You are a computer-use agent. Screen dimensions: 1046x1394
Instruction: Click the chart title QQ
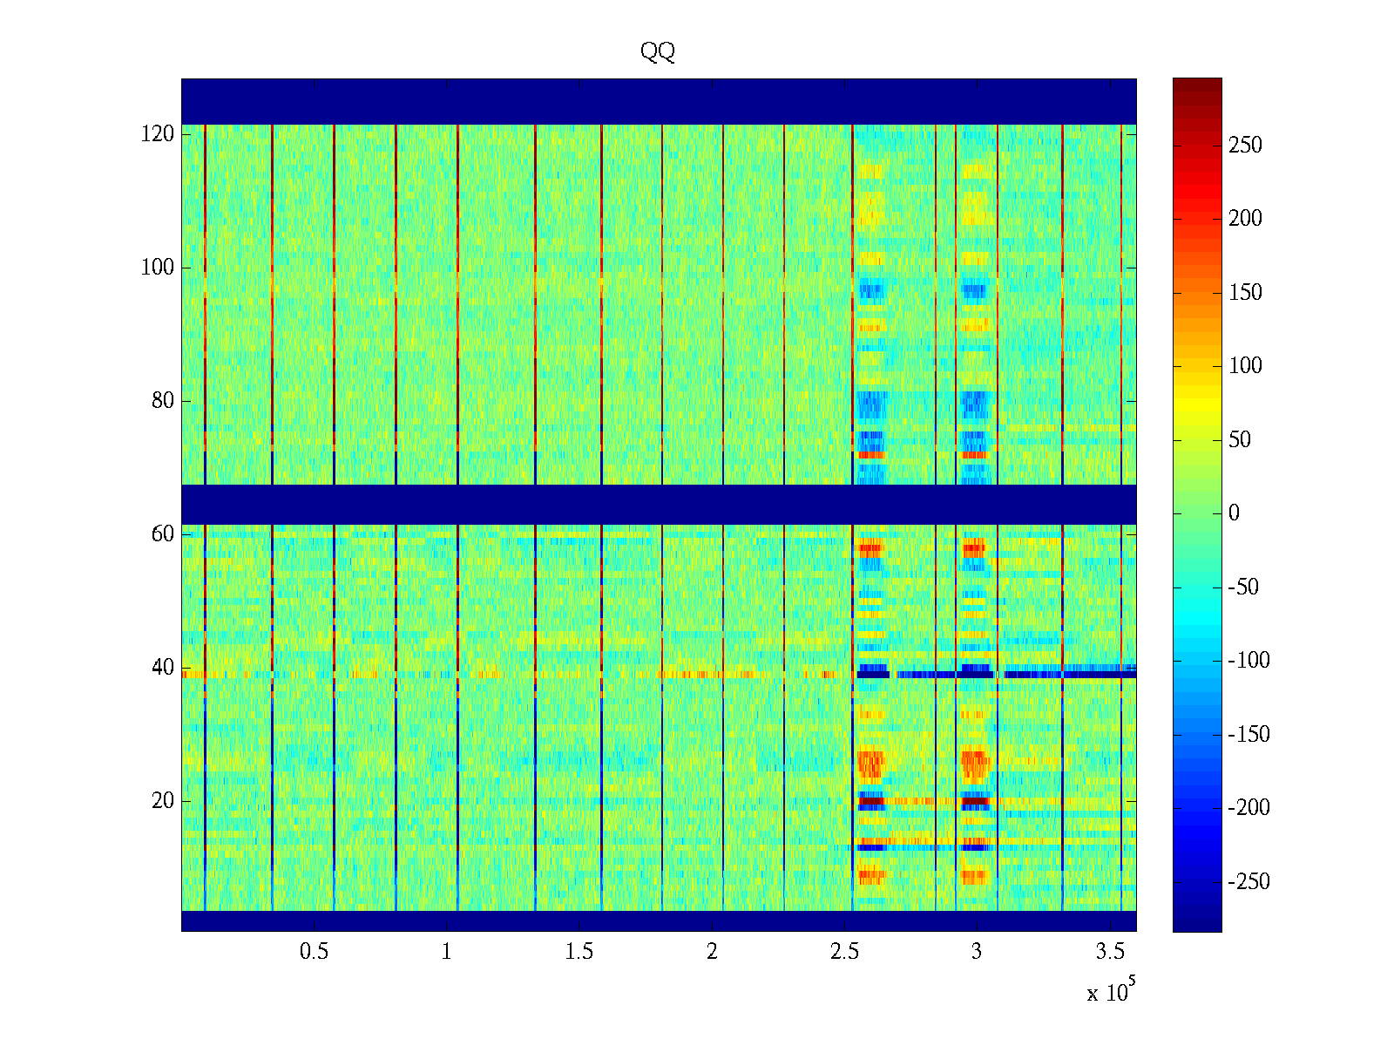tap(658, 52)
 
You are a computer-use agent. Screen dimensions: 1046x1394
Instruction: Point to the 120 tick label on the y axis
tap(157, 134)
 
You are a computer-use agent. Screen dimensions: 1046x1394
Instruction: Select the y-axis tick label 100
tap(157, 268)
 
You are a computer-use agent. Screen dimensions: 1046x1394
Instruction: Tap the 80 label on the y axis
tap(163, 401)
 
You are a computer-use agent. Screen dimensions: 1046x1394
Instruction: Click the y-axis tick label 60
tap(163, 534)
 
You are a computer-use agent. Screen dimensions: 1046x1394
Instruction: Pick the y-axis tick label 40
tap(163, 668)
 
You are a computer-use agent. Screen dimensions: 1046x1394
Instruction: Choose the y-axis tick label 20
tap(163, 801)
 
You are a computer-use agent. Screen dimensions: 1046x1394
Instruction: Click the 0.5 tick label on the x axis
tap(314, 952)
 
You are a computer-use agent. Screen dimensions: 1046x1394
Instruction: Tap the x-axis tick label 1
tap(447, 952)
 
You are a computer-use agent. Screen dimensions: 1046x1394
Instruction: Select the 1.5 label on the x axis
tap(579, 952)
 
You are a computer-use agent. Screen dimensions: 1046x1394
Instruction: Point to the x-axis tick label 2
tap(712, 952)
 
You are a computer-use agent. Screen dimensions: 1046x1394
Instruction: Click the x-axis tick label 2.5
tap(844, 952)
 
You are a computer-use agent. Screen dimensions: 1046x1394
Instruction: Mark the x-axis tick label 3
tap(977, 952)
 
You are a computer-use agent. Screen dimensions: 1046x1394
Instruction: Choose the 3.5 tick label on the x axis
tap(1109, 952)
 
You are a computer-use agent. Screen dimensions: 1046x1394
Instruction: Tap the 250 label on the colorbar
tap(1245, 146)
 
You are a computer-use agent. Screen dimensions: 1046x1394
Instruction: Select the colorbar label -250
tap(1249, 882)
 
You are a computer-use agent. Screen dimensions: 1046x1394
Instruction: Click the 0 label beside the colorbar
tap(1234, 513)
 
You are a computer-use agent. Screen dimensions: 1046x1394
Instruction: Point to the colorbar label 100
tap(1245, 366)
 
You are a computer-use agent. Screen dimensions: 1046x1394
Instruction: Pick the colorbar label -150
tap(1249, 735)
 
